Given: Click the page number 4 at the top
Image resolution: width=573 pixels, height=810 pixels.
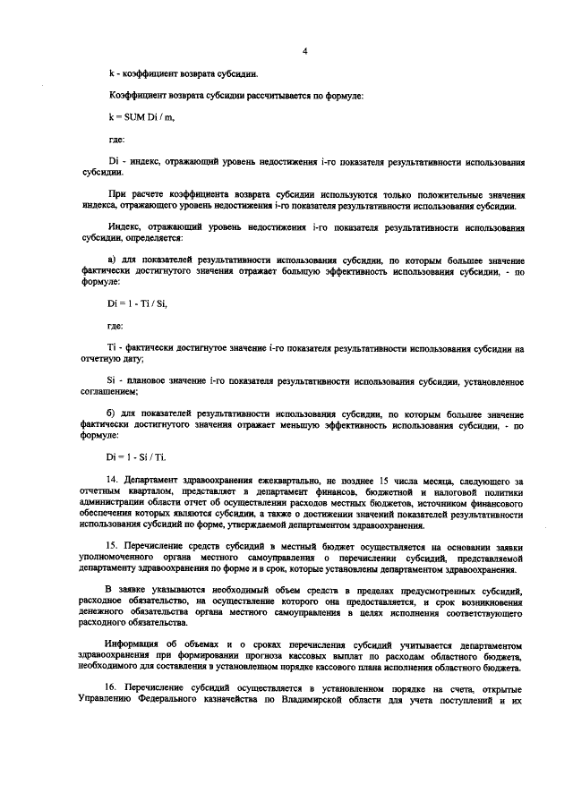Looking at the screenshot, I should tap(304, 51).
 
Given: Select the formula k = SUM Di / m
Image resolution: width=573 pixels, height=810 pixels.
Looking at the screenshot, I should tap(136, 117).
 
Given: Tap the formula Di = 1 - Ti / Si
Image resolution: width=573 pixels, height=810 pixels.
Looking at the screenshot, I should tap(137, 304).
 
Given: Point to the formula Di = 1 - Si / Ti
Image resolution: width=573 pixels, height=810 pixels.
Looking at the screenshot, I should tap(137, 456).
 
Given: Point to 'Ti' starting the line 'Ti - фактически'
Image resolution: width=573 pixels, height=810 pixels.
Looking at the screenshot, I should tap(111, 347).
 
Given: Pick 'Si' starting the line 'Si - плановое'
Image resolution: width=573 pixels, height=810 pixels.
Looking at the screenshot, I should tap(111, 381).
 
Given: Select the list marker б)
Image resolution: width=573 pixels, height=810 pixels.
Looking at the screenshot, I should tap(111, 414).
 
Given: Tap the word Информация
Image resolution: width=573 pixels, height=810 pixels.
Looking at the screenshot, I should tap(133, 644).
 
